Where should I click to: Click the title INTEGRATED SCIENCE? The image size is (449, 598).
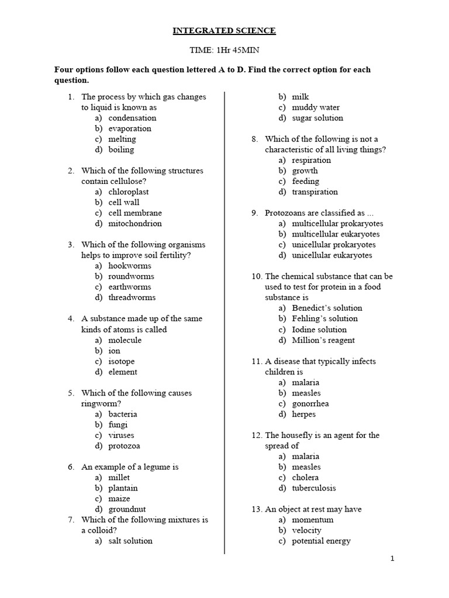(224, 30)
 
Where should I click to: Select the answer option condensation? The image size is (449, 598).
(132, 118)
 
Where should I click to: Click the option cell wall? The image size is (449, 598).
(123, 203)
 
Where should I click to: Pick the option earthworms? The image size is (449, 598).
(129, 287)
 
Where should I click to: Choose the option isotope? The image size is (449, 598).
(121, 361)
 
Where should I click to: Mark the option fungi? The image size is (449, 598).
(118, 425)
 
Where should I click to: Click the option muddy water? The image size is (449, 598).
(316, 107)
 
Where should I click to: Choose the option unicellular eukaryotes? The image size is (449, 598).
(331, 255)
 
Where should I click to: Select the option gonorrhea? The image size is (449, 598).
(310, 404)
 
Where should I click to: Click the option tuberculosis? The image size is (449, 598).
(314, 488)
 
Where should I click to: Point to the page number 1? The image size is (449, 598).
(392, 559)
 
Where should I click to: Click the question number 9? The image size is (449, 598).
(255, 213)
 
